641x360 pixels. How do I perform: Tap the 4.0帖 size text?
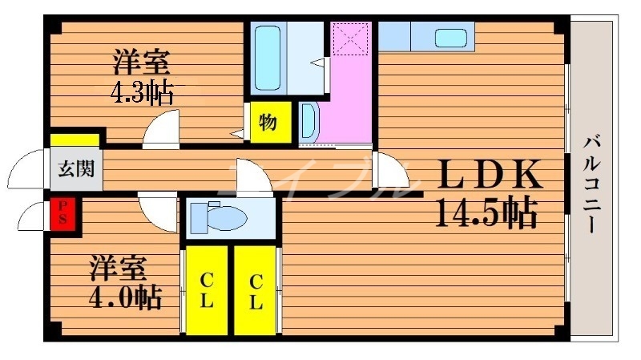(x=124, y=297)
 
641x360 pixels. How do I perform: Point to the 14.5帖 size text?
(x=486, y=212)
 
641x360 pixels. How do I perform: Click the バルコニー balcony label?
(x=593, y=183)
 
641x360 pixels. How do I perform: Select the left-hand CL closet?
(x=206, y=291)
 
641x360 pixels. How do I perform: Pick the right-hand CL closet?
(x=255, y=291)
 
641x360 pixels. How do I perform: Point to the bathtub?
(x=267, y=58)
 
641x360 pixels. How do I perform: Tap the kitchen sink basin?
(x=453, y=38)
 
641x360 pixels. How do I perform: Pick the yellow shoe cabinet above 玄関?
(x=75, y=140)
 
